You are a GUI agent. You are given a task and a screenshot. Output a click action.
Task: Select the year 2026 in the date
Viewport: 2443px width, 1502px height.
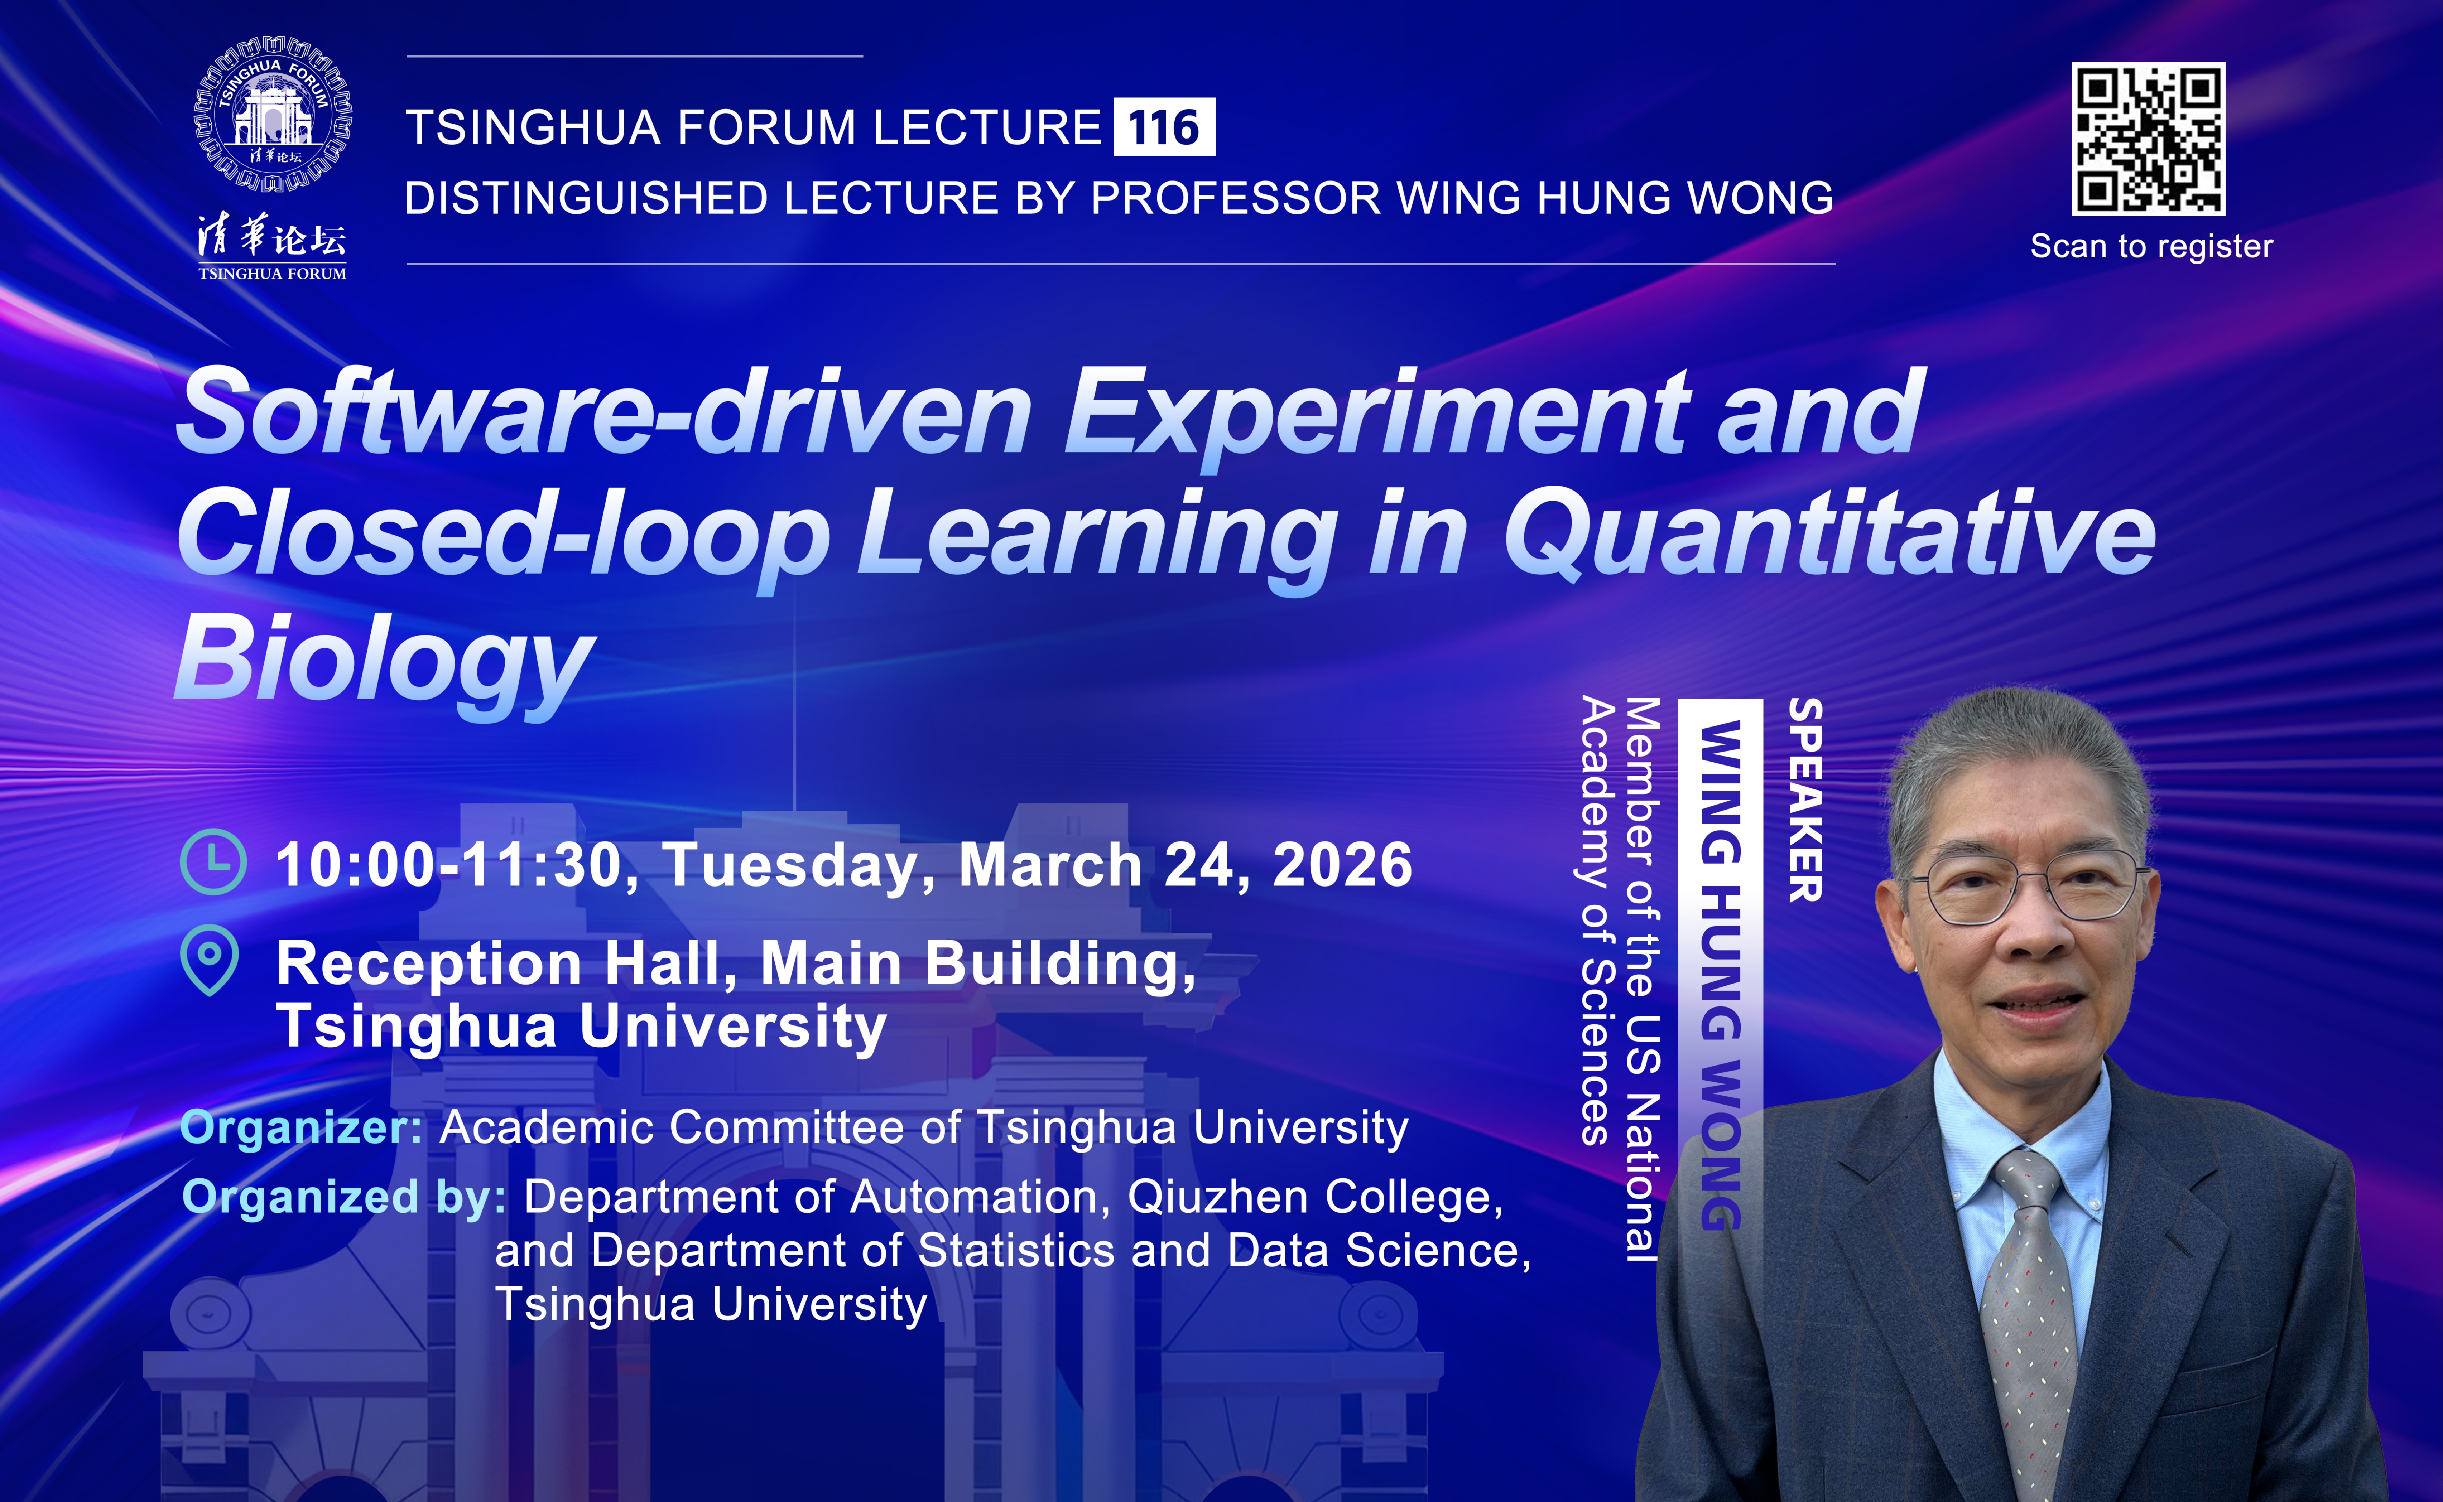click(x=1342, y=864)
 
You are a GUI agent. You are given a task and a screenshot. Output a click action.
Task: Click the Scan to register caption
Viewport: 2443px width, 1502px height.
click(x=2151, y=246)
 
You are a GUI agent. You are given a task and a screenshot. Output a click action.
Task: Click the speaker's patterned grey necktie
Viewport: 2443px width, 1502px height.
click(x=2029, y=1321)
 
